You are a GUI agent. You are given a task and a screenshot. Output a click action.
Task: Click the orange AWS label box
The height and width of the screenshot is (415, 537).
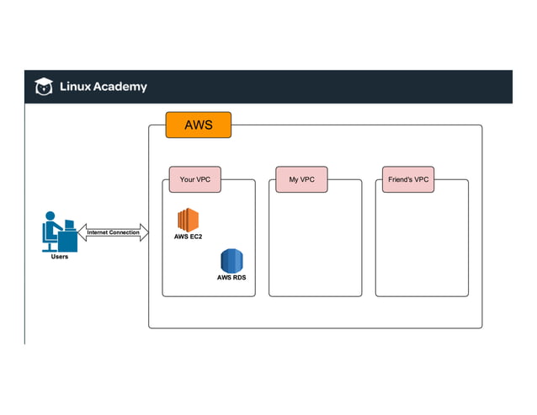pyautogui.click(x=198, y=125)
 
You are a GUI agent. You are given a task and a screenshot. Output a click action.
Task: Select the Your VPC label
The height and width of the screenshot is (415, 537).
pyautogui.click(x=194, y=179)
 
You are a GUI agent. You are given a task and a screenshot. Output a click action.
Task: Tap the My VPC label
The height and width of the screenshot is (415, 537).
pyautogui.click(x=301, y=179)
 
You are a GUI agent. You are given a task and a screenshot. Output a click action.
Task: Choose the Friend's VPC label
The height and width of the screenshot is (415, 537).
pyautogui.click(x=408, y=179)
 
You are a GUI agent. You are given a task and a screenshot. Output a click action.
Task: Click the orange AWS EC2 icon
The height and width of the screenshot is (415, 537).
pyautogui.click(x=188, y=219)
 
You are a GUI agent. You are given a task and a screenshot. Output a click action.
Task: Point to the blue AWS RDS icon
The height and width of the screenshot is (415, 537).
pyautogui.click(x=231, y=259)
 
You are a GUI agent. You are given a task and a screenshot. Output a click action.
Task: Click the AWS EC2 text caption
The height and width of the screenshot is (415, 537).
pyautogui.click(x=189, y=237)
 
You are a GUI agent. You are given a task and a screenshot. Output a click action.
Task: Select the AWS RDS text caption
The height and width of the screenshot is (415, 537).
pyautogui.click(x=231, y=277)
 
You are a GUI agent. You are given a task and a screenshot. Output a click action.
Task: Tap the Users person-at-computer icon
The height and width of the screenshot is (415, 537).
pyautogui.click(x=59, y=231)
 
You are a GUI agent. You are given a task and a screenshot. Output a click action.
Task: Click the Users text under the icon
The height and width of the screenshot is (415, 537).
pyautogui.click(x=60, y=257)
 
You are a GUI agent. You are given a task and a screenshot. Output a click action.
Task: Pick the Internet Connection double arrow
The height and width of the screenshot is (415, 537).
pyautogui.click(x=114, y=232)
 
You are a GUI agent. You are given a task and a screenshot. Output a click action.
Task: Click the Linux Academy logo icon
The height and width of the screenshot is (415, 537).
pyautogui.click(x=43, y=86)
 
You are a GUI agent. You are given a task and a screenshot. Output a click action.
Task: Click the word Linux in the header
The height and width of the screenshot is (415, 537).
pyautogui.click(x=74, y=87)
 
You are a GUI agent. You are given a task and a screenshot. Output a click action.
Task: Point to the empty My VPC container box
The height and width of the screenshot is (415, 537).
pyautogui.click(x=315, y=244)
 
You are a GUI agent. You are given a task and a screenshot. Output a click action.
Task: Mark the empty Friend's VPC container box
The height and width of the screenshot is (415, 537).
pyautogui.click(x=422, y=244)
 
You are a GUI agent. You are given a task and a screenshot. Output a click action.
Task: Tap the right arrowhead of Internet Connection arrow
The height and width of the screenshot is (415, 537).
pyautogui.click(x=144, y=232)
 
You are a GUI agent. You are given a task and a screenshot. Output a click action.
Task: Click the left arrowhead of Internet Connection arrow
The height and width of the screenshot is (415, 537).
pyautogui.click(x=82, y=232)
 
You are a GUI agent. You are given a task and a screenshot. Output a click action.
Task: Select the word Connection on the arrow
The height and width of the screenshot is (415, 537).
pyautogui.click(x=125, y=232)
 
